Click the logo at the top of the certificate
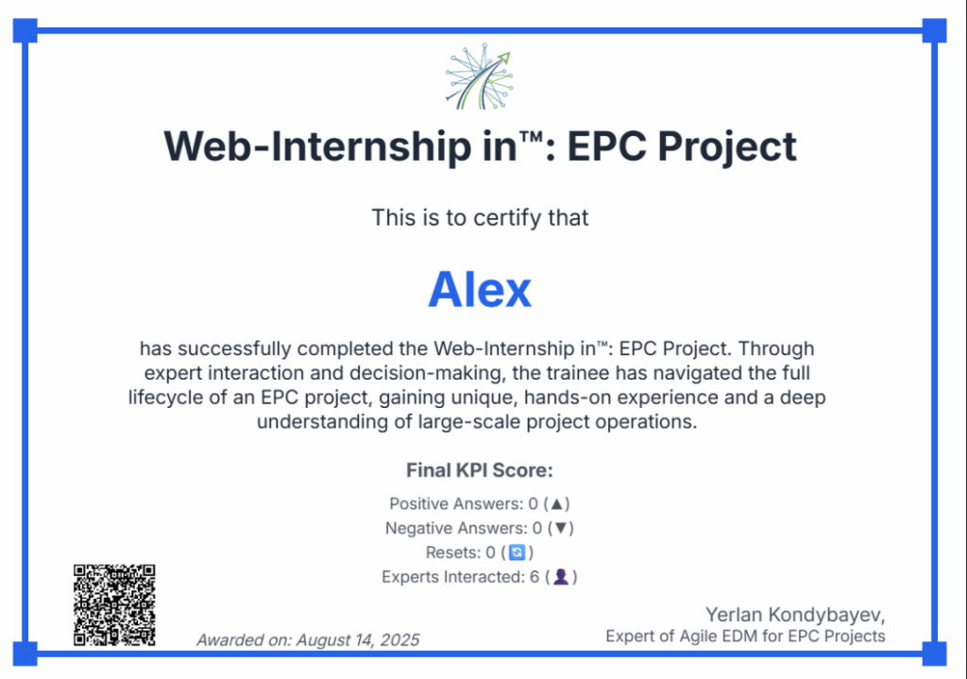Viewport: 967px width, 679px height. click(480, 76)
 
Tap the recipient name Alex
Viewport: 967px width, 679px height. click(480, 289)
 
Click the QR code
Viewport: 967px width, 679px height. click(114, 605)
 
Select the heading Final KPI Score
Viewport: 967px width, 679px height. click(480, 470)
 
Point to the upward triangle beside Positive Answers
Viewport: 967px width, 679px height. click(557, 504)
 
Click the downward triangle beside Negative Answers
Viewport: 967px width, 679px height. click(561, 528)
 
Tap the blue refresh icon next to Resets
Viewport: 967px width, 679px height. click(517, 552)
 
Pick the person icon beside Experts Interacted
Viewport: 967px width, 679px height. click(561, 577)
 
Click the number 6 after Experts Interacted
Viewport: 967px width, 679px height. click(534, 577)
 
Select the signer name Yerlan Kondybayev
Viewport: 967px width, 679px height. click(795, 615)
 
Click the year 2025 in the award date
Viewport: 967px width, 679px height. click(399, 640)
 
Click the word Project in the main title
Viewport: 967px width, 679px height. click(727, 146)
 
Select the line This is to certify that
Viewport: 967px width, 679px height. click(480, 218)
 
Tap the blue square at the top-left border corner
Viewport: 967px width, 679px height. click(25, 30)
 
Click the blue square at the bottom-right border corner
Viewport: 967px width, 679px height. click(934, 654)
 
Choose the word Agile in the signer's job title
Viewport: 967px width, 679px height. click(697, 637)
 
